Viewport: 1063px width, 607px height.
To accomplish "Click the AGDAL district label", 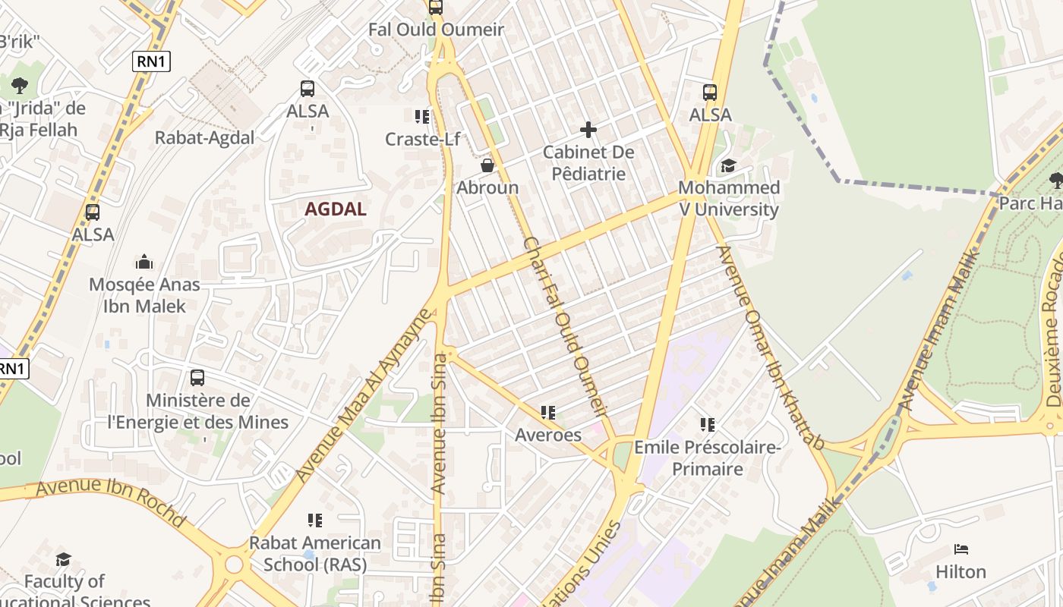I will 336,209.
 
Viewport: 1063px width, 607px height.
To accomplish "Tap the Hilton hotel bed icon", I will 960,549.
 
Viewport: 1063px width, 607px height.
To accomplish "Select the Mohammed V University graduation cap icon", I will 728,165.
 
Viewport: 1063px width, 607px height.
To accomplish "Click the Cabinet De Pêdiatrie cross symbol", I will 588,130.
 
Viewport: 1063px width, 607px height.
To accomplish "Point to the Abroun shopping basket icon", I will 487,165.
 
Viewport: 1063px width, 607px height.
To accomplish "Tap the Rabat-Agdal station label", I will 204,137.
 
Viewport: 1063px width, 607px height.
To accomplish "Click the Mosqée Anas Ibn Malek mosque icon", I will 144,263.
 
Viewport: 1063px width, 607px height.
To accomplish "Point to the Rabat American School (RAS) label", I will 315,554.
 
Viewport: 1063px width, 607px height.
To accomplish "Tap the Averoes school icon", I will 547,413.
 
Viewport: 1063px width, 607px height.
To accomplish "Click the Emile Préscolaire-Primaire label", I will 707,458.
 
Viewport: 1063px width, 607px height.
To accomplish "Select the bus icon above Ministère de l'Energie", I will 197,377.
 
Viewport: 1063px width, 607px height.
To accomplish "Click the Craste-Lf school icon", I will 422,116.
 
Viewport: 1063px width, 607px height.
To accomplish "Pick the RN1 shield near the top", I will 151,61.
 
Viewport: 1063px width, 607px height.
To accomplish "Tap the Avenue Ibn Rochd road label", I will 111,502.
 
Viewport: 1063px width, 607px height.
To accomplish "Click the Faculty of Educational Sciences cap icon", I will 64,560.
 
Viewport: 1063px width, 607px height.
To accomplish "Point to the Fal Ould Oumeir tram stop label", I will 436,30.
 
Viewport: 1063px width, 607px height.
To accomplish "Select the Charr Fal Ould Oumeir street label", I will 566,327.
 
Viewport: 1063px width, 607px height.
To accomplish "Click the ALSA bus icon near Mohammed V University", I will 710,93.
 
